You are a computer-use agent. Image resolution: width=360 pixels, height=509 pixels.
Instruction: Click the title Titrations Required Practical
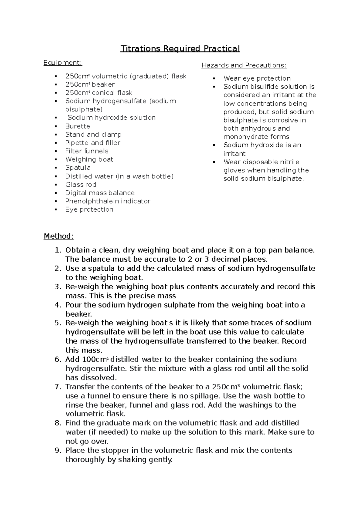coord(180,49)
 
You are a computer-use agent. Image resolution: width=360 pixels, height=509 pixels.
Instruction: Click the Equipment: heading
coord(63,63)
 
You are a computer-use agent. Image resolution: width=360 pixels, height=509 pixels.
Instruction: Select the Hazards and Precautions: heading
coord(244,65)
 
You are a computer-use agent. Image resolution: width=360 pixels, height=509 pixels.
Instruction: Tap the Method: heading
coord(58,236)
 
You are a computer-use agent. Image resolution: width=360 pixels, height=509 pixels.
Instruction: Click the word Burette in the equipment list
coord(78,126)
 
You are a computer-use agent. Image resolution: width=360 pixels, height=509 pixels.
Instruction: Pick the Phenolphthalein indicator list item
coord(108,201)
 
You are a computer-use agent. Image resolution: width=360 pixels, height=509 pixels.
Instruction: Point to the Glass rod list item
coord(81,185)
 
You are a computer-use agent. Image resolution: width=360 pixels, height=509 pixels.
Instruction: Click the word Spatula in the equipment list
coord(78,168)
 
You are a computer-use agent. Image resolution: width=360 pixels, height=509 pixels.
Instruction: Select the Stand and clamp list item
coord(93,135)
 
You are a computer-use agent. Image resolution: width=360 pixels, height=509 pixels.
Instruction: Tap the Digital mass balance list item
coord(100,193)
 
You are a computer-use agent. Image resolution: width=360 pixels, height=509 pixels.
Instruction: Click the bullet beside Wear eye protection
coord(214,79)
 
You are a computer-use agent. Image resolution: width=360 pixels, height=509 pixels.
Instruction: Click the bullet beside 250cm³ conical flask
coord(56,93)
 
